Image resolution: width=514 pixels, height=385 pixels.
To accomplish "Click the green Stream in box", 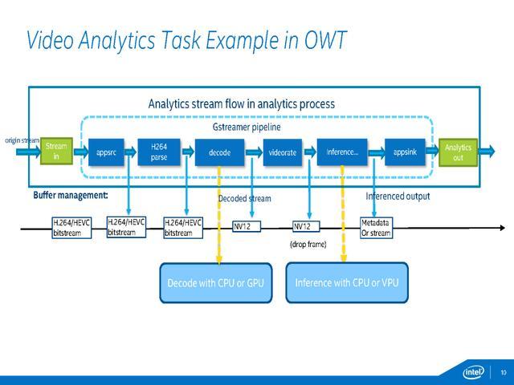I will (56, 151).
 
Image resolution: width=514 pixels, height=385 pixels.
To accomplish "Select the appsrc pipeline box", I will (107, 152).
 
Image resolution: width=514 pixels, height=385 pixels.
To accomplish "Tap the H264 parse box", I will (158, 152).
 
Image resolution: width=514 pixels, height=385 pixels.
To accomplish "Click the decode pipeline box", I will (219, 152).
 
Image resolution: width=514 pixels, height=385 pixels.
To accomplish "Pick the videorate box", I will (282, 152).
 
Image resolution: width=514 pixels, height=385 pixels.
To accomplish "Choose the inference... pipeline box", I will (342, 152).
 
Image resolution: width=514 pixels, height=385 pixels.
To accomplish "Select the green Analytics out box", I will (458, 152).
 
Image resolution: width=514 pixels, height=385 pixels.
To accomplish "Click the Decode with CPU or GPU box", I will (214, 282).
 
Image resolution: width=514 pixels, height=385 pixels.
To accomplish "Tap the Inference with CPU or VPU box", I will (347, 282).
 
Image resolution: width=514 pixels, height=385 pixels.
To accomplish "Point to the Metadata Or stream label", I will (376, 228).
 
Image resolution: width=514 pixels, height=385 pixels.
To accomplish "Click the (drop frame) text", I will (308, 244).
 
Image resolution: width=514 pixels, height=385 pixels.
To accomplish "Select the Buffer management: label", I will (71, 196).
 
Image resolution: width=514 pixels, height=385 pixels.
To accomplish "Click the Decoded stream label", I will (245, 198).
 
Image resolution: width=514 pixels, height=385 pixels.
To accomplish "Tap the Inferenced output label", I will (398, 196).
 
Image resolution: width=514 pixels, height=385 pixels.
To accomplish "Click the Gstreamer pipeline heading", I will (247, 127).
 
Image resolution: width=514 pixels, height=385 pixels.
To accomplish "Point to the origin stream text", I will (22, 140).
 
